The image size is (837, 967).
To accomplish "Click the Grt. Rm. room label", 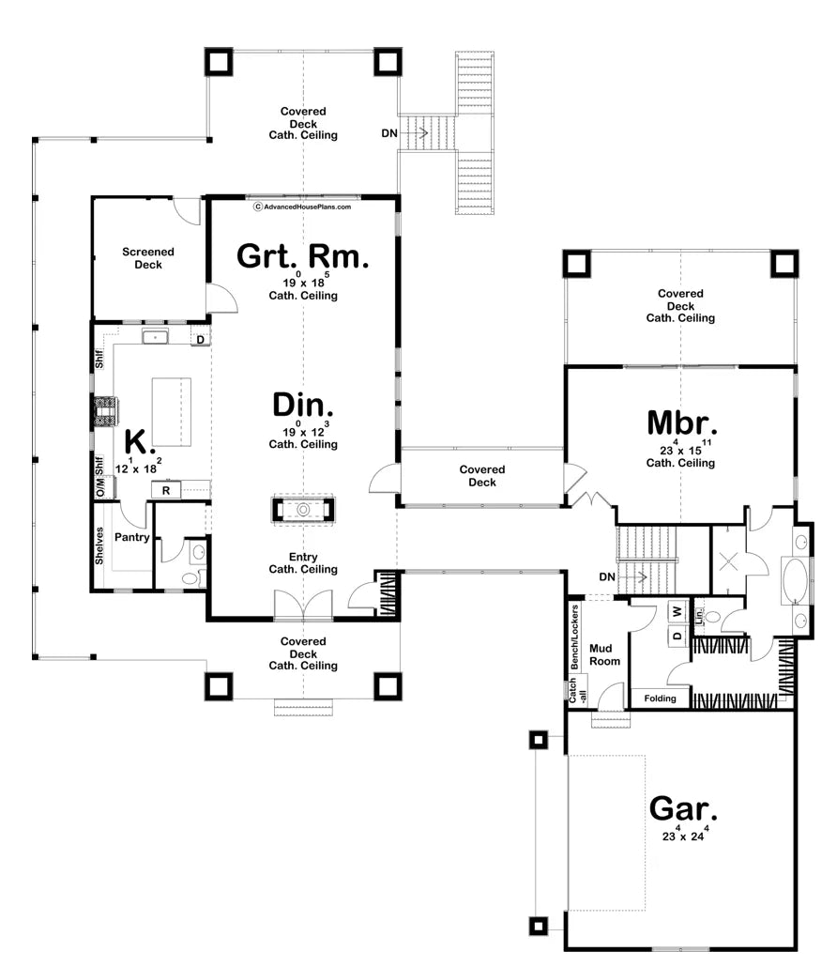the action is (x=303, y=256).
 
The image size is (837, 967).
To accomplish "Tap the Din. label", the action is (x=303, y=406).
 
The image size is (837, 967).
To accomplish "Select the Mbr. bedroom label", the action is (x=681, y=423).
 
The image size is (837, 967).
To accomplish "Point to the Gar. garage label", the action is (x=683, y=808).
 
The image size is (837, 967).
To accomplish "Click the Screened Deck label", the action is (x=148, y=258).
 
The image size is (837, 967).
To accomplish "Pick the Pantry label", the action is (x=132, y=537).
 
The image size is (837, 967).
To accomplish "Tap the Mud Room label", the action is (x=604, y=655).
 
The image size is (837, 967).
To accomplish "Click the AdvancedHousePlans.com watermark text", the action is (x=303, y=207).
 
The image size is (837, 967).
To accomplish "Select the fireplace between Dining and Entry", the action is (x=303, y=510).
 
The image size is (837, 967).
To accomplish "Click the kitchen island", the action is (x=172, y=412).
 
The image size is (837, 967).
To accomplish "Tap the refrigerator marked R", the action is (x=166, y=490).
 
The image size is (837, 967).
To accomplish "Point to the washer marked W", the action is (x=677, y=612).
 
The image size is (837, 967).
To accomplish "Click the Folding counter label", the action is (x=660, y=698).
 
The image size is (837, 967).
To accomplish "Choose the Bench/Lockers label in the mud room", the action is (x=574, y=637).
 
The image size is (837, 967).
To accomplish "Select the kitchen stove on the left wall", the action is (x=103, y=410).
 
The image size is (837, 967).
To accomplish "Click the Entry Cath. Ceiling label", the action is (x=303, y=563).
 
